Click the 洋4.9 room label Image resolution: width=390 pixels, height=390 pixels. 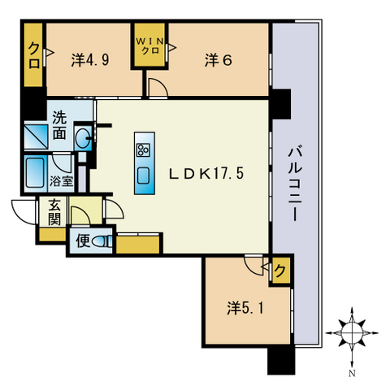coord(90,60)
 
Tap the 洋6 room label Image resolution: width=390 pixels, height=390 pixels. coord(219,60)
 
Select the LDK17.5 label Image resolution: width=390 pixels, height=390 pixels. coord(206,173)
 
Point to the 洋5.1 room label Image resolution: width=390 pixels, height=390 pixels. coord(245,308)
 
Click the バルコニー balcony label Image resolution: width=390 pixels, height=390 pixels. coord(295,184)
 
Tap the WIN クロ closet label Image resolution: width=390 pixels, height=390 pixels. coord(149,45)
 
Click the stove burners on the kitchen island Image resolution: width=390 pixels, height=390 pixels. coord(143,150)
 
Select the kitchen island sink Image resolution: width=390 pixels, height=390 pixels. coord(143,175)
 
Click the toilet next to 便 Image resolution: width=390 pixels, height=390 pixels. coord(102,241)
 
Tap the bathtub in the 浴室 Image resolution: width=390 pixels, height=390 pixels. coord(35,173)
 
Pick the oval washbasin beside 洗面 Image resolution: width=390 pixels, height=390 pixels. coord(83,138)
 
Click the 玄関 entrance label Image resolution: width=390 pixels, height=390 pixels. coord(54,212)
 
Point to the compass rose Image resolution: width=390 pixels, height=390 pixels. coord(352,332)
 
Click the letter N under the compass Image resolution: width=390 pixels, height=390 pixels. coord(352,374)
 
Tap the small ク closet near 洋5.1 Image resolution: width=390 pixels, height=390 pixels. coord(280,271)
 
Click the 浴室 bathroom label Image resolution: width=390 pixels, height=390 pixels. coord(61,181)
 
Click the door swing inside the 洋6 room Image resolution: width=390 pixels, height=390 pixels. coord(158,87)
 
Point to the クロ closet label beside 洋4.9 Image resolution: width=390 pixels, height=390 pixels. coord(34,56)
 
